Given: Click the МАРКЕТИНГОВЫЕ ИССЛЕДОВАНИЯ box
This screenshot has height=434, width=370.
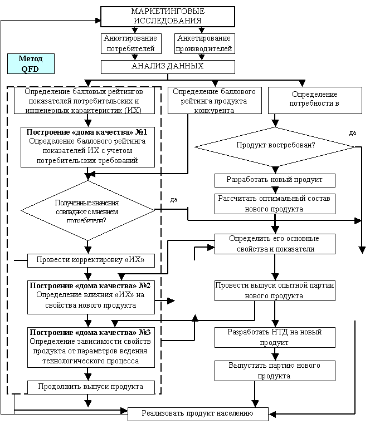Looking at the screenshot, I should coord(168,17).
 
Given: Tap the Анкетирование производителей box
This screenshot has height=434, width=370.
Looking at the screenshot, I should coord(205,44).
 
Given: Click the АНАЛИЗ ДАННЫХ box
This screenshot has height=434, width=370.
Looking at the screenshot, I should coord(168,66).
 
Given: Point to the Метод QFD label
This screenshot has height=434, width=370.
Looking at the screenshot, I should coord(31,64).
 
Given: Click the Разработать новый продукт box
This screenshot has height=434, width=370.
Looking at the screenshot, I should coord(275,180).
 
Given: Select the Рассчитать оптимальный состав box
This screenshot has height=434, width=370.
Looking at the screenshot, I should coord(275,204).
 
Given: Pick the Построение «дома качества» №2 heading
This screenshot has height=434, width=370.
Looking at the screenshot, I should coord(90,285).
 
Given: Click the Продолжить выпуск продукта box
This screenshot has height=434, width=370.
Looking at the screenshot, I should coord(90,386).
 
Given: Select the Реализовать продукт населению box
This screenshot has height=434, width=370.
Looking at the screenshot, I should coord(198,413).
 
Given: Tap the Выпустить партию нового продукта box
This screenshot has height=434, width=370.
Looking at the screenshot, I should coord(275,371).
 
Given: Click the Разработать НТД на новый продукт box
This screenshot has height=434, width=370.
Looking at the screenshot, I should coord(275,337).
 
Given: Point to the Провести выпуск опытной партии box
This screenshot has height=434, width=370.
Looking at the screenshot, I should coord(275,290).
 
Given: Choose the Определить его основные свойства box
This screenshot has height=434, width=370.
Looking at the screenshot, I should coord(275,244).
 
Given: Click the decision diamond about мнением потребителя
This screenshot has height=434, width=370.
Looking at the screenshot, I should coord(87,209).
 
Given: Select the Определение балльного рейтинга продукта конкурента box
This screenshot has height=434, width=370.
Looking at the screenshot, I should coord(215,100).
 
